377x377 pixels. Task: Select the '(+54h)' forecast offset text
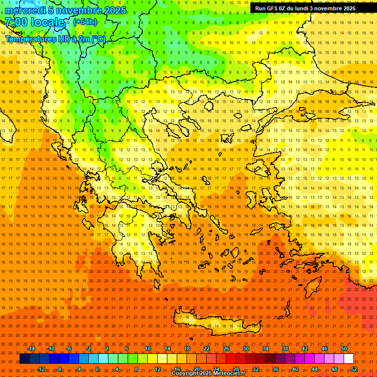pos(85,22)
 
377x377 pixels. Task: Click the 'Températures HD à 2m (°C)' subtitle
pos(55,39)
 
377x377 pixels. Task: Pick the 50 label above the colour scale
pos(344,349)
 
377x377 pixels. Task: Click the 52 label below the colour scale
pos(353,369)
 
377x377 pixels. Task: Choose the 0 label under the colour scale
pos(97,369)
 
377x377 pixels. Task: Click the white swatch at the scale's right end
pos(349,359)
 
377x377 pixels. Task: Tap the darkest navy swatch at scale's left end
pos(25,359)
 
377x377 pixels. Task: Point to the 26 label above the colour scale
pos(226,349)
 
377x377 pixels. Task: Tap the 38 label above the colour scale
pos(285,349)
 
